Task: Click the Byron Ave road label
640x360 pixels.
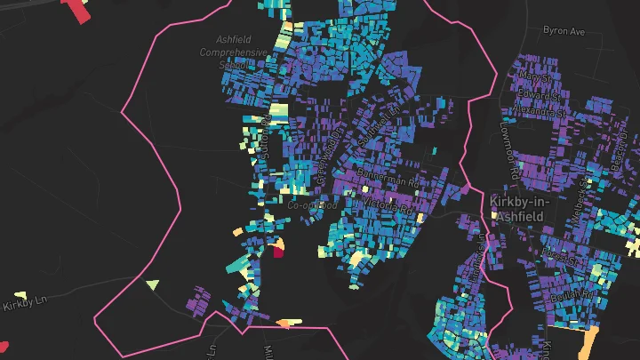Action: click(564, 31)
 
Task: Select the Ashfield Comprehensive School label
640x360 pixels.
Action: click(234, 52)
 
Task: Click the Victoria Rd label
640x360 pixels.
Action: click(389, 207)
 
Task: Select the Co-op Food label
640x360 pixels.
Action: click(312, 205)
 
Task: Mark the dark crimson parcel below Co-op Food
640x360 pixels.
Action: click(278, 252)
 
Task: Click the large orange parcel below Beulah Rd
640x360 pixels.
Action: click(588, 343)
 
